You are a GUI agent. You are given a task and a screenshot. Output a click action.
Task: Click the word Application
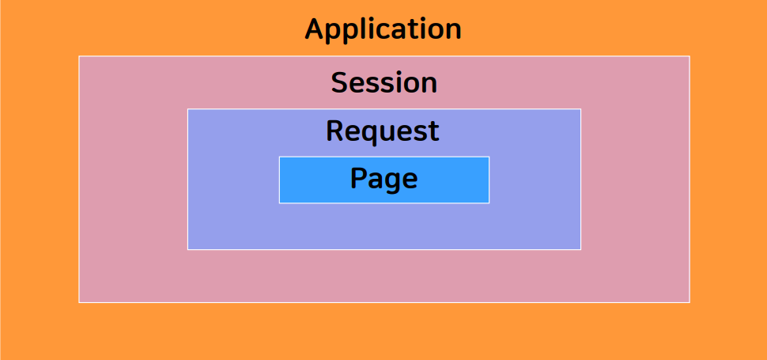coord(383,29)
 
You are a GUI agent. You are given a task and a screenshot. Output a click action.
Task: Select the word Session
coord(383,82)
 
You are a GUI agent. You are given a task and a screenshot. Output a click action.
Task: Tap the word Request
coord(383,131)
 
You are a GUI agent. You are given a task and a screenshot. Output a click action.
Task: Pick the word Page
coord(383,179)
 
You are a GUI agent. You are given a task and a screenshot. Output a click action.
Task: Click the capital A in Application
coord(315,29)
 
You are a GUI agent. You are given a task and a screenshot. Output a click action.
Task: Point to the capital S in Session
coord(340,82)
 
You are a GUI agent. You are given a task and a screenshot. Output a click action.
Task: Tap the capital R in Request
coord(335,131)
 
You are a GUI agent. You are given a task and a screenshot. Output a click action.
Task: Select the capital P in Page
coord(358,178)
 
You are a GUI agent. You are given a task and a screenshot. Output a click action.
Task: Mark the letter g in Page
coord(393,181)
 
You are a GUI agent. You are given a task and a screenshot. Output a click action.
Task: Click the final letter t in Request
coord(434,131)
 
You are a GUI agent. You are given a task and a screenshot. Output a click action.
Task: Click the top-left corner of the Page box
coord(279,157)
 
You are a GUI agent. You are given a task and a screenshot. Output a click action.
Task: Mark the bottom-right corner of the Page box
coord(489,203)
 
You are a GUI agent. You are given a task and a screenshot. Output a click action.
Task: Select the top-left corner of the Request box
coord(187,109)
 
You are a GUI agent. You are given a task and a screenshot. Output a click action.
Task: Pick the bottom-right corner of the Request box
coord(580,249)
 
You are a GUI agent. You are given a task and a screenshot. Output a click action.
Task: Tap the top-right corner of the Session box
coord(690,56)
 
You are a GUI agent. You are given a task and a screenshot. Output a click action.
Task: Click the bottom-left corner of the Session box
coord(79,302)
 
